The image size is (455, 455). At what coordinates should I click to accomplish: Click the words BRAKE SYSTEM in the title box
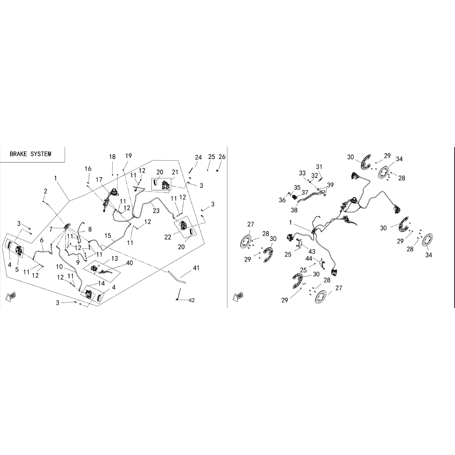(x=31, y=154)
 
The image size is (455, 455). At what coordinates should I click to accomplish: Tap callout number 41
(x=196, y=268)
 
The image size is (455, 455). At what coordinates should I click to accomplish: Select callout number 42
(x=191, y=300)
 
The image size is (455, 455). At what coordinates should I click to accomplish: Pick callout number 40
(x=129, y=263)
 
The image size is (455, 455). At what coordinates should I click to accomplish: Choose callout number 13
(x=115, y=258)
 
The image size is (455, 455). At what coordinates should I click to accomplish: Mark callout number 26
(x=222, y=157)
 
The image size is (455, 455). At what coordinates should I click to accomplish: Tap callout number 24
(x=198, y=158)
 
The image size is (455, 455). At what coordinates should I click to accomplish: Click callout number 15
(x=108, y=235)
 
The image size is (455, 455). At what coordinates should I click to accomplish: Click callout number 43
(x=312, y=251)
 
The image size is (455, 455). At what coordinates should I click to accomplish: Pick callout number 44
(x=309, y=258)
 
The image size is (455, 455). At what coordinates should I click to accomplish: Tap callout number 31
(x=319, y=167)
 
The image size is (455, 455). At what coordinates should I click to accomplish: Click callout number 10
(x=59, y=267)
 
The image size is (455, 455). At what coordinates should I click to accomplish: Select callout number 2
(x=45, y=191)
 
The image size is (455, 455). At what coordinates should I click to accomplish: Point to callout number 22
(x=168, y=237)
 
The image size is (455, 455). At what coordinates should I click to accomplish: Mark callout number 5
(x=17, y=269)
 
